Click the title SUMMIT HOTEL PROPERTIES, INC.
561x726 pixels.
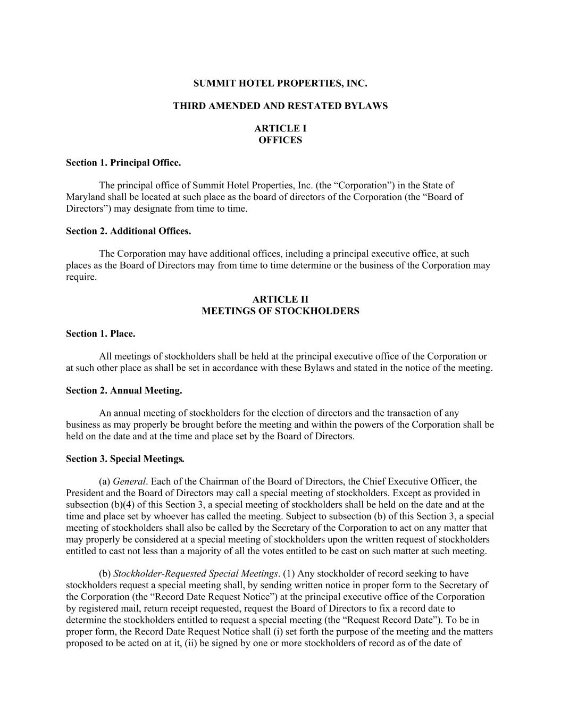pos(280,84)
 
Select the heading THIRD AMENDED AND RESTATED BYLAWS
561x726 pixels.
pos(280,106)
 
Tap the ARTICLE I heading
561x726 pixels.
pos(280,128)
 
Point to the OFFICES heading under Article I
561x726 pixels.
pos(280,140)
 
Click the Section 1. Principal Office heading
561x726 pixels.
pos(123,163)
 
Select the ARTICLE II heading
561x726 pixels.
pos(280,299)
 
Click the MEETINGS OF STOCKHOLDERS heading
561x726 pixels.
pos(280,311)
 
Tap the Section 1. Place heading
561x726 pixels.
pos(101,333)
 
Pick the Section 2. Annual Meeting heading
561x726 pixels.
pos(124,390)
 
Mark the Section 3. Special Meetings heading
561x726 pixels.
pos(125,458)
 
